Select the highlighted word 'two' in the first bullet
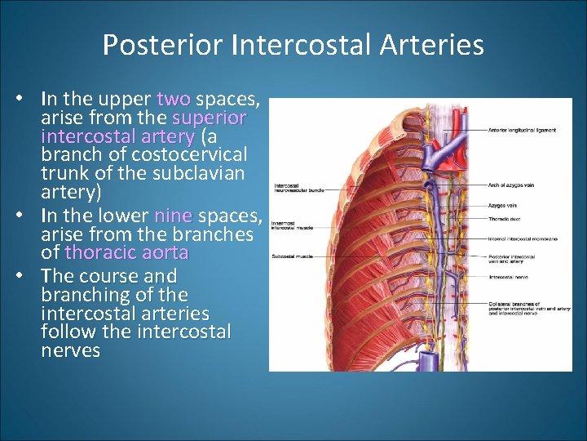[173, 100]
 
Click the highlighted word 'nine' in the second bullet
[173, 216]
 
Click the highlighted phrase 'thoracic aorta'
[126, 253]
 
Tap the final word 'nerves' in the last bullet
[70, 351]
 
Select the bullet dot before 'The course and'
[29, 276]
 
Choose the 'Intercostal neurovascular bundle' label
[299, 187]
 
